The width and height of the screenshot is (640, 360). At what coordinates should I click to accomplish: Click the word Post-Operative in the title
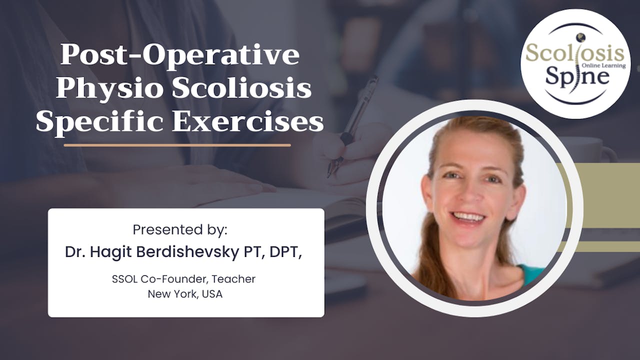point(180,56)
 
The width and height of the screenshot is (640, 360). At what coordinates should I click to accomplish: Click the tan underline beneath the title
point(177,145)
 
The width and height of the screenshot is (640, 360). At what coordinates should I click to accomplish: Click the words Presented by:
point(180,230)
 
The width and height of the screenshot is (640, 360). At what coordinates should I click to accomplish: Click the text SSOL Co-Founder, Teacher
point(183,279)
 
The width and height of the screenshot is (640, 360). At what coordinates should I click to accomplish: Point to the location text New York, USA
point(185,294)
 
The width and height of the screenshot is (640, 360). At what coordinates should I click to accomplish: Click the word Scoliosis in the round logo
point(575,53)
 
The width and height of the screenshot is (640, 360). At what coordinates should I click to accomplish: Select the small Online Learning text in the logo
point(603,65)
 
